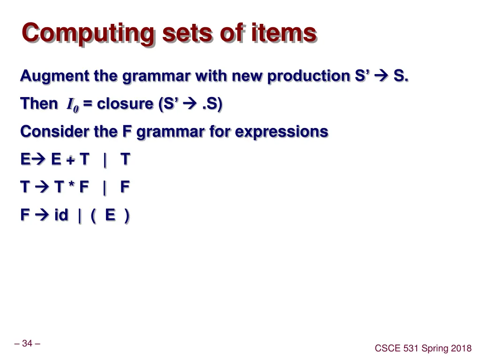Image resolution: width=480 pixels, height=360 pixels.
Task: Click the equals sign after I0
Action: click(88, 104)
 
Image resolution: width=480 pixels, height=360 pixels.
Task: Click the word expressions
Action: click(281, 132)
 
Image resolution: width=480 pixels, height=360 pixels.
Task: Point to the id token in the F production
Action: click(61, 215)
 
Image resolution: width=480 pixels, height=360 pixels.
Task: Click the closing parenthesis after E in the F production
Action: click(127, 216)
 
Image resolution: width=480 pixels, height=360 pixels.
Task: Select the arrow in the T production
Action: click(42, 187)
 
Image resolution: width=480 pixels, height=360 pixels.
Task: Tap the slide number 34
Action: click(27, 344)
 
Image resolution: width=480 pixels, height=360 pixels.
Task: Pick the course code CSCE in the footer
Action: click(387, 348)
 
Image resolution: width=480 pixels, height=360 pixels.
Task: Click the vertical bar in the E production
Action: click(105, 160)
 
